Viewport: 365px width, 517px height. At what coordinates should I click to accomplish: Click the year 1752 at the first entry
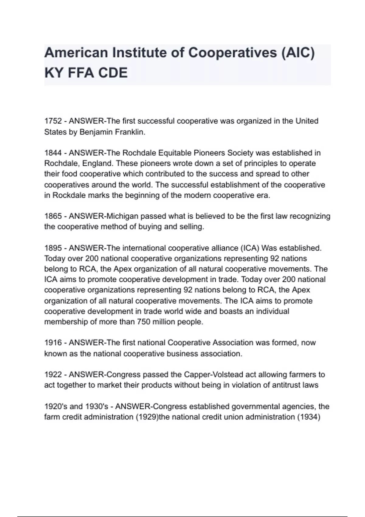[53, 121]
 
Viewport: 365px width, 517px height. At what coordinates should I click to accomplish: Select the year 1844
[53, 153]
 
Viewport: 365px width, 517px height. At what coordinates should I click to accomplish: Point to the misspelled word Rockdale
[69, 195]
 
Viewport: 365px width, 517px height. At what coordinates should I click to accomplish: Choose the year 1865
[53, 216]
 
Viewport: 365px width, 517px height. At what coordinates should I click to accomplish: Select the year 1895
[53, 248]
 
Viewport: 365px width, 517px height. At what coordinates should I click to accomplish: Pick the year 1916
[53, 343]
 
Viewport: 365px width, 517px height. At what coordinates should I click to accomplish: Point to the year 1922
[53, 374]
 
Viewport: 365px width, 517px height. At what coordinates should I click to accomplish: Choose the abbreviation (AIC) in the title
[298, 53]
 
